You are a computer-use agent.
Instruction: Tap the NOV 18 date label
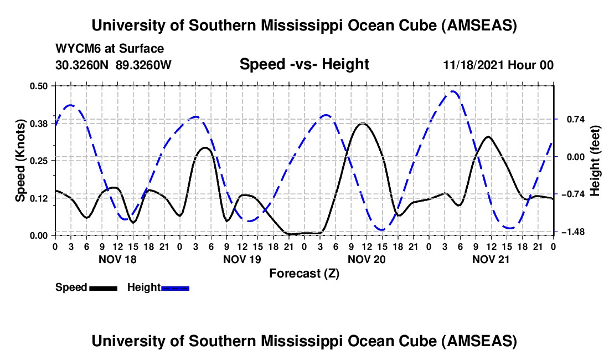tap(117, 259)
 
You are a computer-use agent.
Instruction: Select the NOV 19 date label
tap(242, 259)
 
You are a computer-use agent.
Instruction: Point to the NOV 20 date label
tap(367, 259)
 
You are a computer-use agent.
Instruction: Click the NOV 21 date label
tap(491, 259)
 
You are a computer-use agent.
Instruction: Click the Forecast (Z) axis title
tap(304, 273)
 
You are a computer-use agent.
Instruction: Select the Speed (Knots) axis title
tap(20, 161)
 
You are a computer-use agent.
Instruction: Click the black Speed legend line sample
tap(103, 287)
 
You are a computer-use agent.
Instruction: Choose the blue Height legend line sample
tap(175, 287)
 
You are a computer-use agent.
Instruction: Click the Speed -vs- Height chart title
tap(304, 64)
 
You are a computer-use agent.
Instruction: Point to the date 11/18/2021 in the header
tap(471, 65)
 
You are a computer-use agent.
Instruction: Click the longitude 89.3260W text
tap(144, 65)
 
